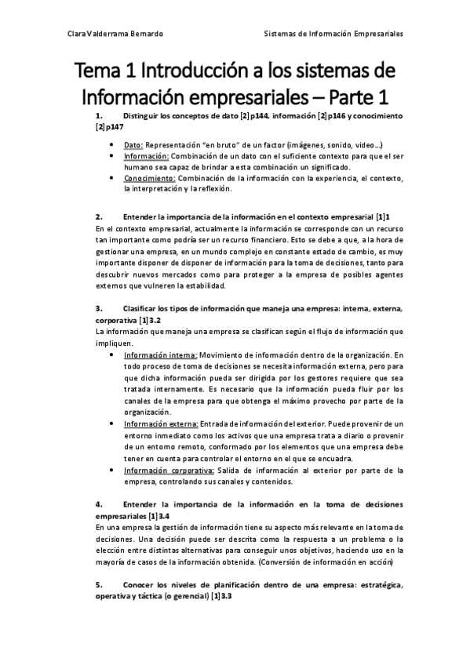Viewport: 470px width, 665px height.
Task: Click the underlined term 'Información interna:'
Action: tap(160, 355)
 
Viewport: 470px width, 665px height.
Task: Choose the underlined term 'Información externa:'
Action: tap(161, 424)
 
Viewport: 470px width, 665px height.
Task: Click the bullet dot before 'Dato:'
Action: tap(115, 145)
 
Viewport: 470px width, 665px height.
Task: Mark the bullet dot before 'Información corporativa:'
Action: tap(115, 471)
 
